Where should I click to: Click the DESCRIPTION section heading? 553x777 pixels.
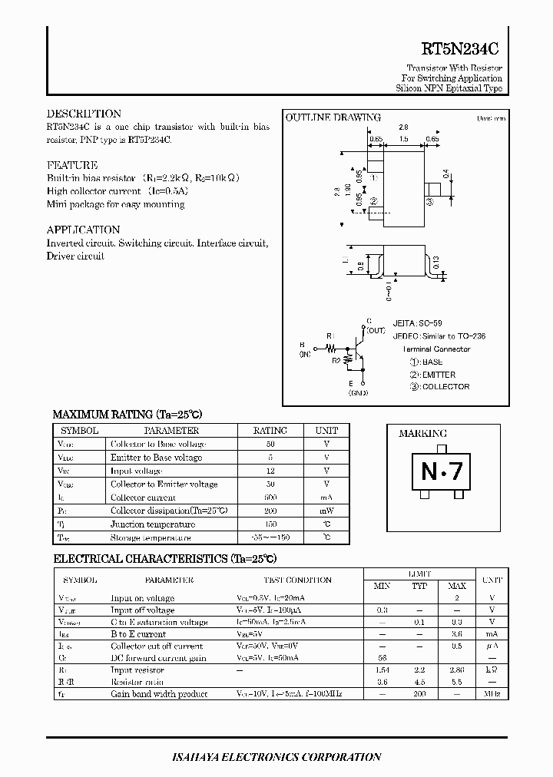[x=84, y=114]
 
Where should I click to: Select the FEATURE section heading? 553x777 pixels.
[x=72, y=165]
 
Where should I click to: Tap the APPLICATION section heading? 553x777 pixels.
[x=83, y=230]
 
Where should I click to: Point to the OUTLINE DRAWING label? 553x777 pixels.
[x=333, y=117]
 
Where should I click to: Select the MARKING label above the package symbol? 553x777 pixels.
[x=422, y=434]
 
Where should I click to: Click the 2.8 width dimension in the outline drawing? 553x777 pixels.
[x=403, y=127]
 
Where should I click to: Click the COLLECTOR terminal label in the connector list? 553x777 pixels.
[x=445, y=387]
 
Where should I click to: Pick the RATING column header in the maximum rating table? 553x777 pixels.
[x=270, y=431]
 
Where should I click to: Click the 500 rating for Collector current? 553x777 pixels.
[x=270, y=498]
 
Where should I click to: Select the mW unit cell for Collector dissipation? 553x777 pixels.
[x=326, y=511]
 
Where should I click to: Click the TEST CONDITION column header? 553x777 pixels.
[x=297, y=580]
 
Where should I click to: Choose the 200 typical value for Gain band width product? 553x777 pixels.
[x=419, y=694]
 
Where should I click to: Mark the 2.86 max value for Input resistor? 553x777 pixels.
[x=456, y=670]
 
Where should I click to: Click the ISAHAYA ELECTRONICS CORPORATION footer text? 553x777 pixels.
[x=277, y=757]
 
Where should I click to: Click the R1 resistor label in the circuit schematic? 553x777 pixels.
[x=330, y=336]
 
